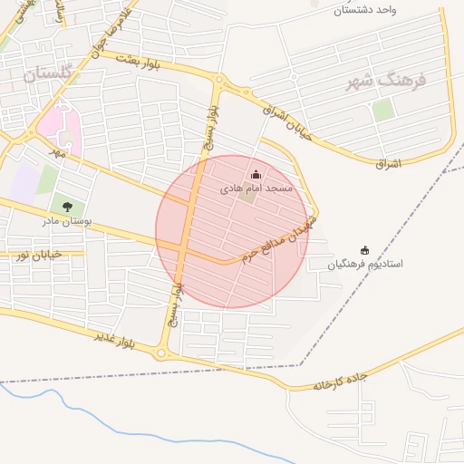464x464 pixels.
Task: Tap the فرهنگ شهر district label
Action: [x=380, y=80]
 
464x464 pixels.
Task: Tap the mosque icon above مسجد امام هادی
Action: [x=256, y=175]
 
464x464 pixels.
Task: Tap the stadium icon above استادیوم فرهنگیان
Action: [x=365, y=250]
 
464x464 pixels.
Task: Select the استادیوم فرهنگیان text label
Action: [x=365, y=265]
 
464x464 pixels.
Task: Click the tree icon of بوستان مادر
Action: [x=67, y=207]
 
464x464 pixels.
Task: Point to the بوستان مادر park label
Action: [x=66, y=220]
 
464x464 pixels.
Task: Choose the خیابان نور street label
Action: [x=38, y=256]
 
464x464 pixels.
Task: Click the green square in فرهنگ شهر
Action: [x=383, y=110]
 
